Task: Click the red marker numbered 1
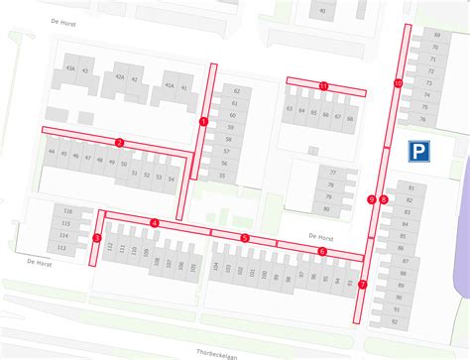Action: coord(203,122)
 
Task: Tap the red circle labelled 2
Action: coord(119,142)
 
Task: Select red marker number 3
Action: coord(96,238)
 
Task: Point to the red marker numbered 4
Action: coord(155,223)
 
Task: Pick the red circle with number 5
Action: coord(244,238)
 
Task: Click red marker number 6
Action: coord(322,251)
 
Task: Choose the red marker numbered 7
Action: coord(362,285)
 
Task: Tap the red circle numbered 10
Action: coord(398,83)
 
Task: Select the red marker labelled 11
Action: coord(323,87)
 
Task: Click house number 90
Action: coord(322,11)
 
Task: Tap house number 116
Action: coord(67,212)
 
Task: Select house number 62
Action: coord(236,91)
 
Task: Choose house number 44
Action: coord(52,153)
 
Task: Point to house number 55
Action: coord(222,176)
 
